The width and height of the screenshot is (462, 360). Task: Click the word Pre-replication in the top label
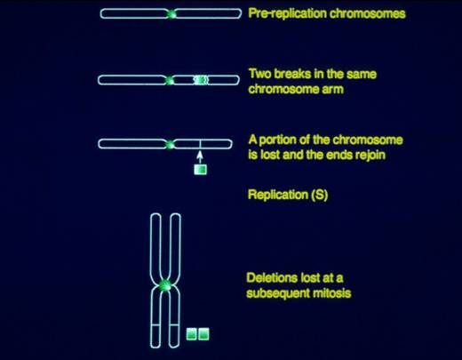pos(287,13)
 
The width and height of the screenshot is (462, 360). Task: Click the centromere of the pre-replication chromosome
pos(171,14)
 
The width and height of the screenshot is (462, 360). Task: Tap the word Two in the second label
pos(259,74)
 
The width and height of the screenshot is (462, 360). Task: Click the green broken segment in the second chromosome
pos(201,80)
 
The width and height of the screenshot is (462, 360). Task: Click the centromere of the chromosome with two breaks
pos(169,80)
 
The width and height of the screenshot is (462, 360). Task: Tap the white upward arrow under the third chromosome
pos(200,157)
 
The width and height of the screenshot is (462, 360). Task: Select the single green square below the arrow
pos(201,170)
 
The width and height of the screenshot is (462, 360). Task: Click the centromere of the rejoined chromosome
pos(170,144)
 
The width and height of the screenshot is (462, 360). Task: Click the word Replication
pos(278,195)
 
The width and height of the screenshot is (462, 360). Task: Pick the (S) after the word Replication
pos(320,195)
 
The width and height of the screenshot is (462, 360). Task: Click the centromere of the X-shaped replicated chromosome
pos(165,285)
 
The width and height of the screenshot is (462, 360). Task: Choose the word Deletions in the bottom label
pos(272,278)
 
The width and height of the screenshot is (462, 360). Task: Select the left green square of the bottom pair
pos(192,334)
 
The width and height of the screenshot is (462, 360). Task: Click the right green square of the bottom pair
pos(203,334)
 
